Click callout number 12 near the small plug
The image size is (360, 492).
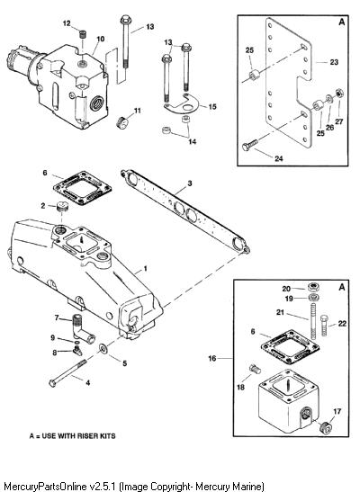67,23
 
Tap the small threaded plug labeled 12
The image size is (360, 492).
83,34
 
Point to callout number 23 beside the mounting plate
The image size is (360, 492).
334,62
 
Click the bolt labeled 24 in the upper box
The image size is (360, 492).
250,145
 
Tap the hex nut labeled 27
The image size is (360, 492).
339,94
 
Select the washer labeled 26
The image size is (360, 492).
328,99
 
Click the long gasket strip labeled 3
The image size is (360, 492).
185,211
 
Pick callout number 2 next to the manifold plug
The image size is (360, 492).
43,206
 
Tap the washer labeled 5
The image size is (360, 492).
103,348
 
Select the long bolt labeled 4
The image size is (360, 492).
67,373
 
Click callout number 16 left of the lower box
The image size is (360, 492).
212,358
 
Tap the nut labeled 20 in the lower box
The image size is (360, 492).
313,286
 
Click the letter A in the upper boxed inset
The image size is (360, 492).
341,22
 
